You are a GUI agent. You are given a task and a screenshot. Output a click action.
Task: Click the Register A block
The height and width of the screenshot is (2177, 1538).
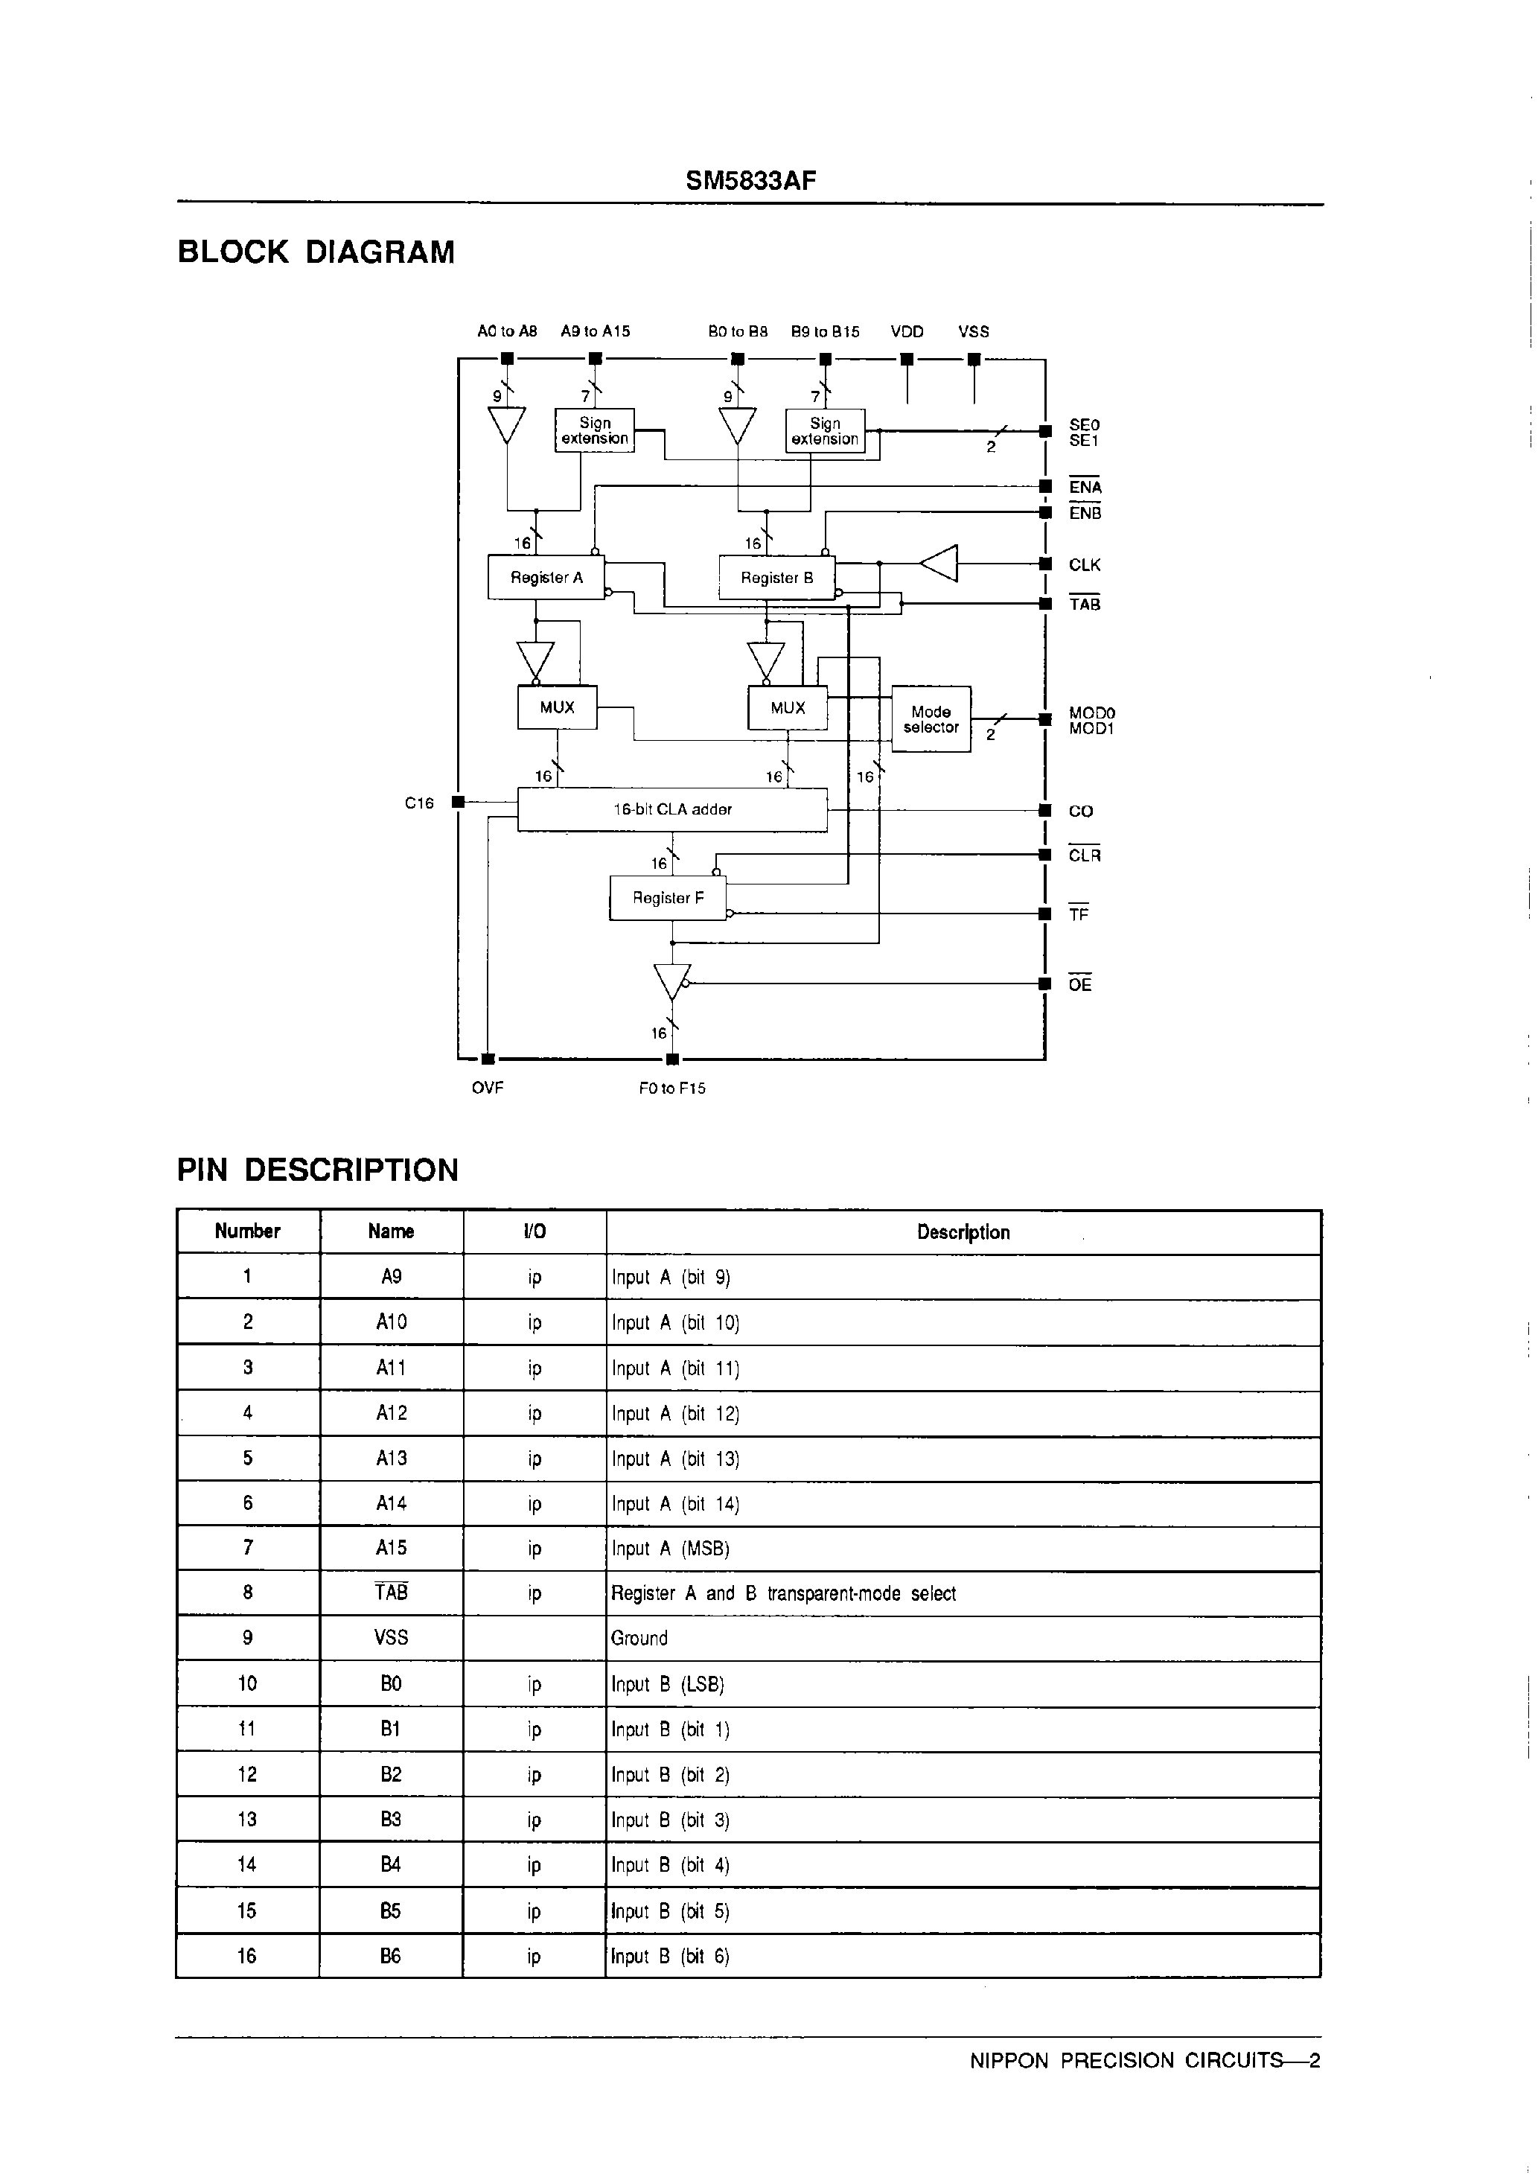tap(546, 578)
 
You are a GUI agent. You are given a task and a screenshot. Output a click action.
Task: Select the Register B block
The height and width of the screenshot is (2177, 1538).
tap(776, 578)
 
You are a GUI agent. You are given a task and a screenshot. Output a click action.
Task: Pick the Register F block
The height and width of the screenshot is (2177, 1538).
tap(668, 898)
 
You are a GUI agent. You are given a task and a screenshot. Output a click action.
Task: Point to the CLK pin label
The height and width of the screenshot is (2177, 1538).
tap(1084, 565)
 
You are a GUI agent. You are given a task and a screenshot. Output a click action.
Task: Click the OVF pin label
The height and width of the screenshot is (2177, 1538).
tap(488, 1088)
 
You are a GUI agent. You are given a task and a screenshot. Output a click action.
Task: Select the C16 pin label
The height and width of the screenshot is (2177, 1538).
tap(419, 803)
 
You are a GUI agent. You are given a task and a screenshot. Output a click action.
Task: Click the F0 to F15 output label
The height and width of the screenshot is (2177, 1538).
tap(671, 1088)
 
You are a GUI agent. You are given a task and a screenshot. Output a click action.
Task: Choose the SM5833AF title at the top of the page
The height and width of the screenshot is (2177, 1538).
tap(750, 181)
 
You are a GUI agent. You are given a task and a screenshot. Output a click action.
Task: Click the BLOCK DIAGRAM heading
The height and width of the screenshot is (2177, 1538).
tap(316, 252)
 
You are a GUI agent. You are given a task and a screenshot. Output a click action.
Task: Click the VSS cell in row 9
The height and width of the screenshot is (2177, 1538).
tap(391, 1637)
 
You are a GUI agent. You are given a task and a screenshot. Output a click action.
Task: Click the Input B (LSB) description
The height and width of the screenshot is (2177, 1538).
tap(668, 1684)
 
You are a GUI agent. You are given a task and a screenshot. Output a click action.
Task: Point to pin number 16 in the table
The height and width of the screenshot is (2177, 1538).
tap(246, 1956)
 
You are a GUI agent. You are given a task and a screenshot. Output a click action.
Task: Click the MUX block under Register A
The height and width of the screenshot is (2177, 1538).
tap(557, 707)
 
